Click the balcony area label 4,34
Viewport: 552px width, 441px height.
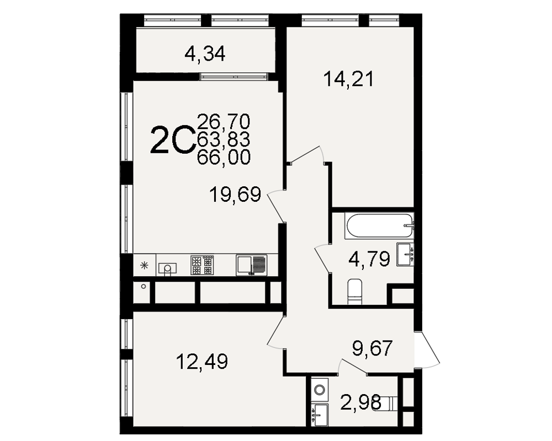coord(205,54)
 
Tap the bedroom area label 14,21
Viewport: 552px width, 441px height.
coord(349,79)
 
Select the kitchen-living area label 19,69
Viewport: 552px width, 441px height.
coord(235,195)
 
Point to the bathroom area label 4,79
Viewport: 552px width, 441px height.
coord(369,259)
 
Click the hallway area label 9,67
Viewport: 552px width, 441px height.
coord(373,348)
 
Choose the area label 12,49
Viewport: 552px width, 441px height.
coord(202,362)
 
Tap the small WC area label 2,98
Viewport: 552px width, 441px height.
coord(361,402)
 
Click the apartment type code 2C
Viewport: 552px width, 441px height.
coord(172,141)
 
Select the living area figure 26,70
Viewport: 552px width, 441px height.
coord(224,121)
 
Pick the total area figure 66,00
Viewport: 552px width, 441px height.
coord(224,157)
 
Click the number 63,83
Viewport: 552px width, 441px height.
coord(224,139)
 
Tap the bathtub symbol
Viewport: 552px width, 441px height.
coord(380,225)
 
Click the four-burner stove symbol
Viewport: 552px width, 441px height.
coord(202,265)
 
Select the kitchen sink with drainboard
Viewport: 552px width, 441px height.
coord(251,265)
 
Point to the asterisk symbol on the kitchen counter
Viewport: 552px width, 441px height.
coord(144,266)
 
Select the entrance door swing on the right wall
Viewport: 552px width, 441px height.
coord(427,349)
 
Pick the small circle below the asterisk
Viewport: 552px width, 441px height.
coord(144,286)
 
